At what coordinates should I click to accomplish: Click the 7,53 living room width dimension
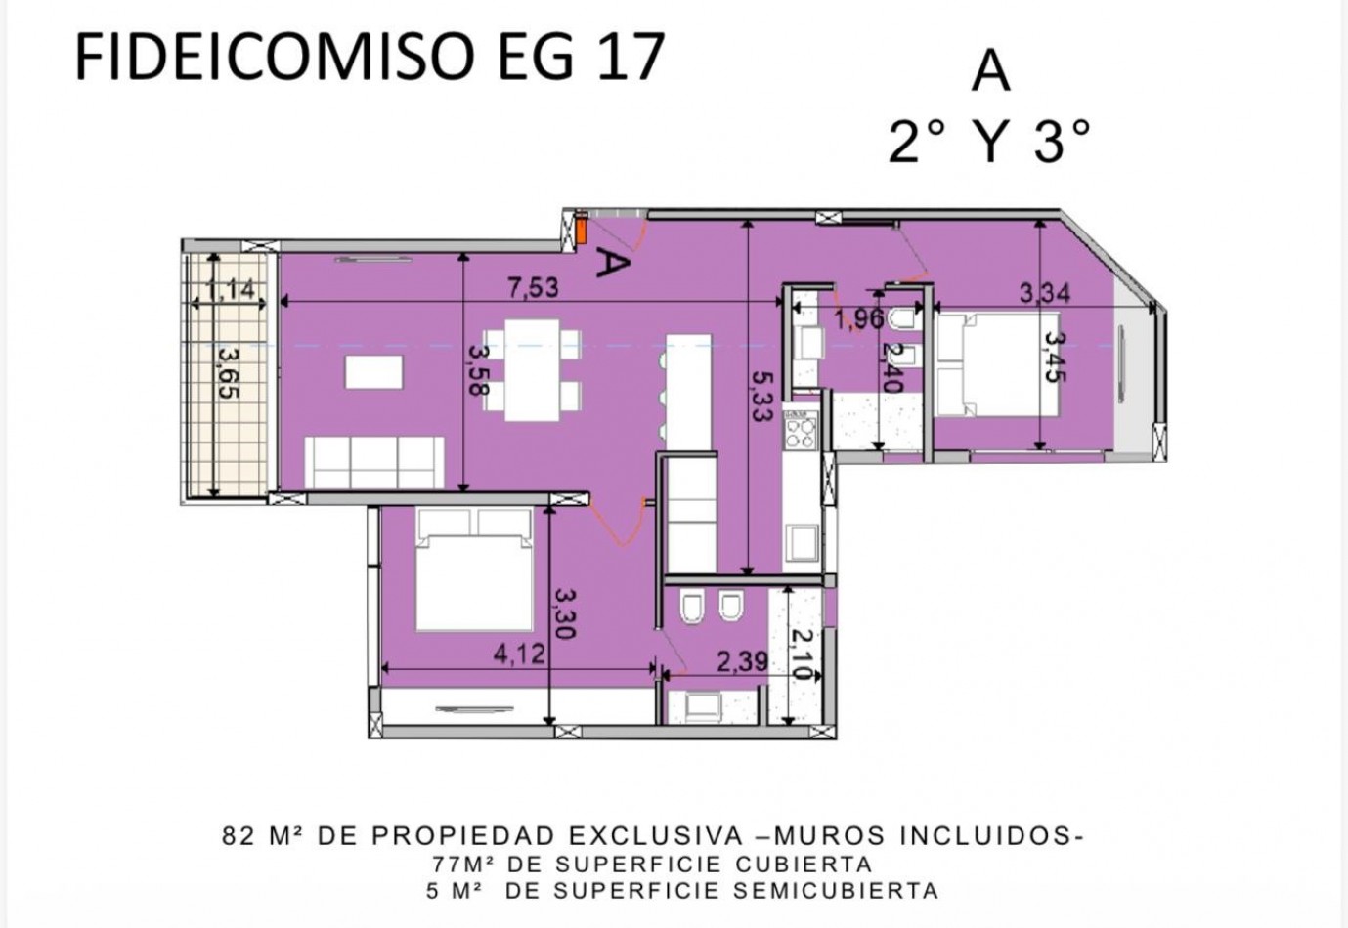coord(534,287)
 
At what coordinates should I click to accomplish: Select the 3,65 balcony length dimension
coord(229,373)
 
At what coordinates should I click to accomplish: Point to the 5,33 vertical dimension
coord(761,397)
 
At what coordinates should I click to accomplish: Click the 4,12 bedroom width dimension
coord(519,654)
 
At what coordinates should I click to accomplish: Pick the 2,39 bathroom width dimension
coord(743,661)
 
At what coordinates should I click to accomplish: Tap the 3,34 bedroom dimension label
coord(1045,293)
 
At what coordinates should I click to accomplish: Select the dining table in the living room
coord(533,369)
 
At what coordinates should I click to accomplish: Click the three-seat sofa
coord(374,462)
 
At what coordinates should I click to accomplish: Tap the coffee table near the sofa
coord(373,371)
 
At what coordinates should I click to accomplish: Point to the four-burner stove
coord(801,430)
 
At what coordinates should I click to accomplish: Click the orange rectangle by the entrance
coord(582,231)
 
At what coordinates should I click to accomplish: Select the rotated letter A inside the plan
coord(613,264)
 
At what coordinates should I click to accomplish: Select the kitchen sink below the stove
coord(801,543)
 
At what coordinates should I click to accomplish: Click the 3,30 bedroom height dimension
coord(565,612)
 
